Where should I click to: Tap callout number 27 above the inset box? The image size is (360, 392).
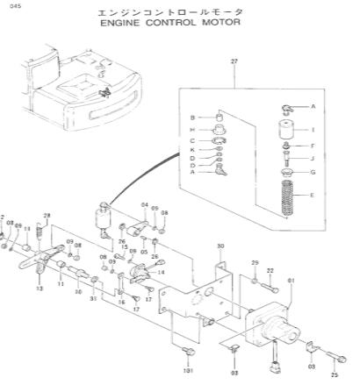[x=234, y=61]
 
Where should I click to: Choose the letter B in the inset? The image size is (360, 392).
[x=192, y=116]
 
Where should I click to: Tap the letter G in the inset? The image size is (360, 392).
[x=313, y=172]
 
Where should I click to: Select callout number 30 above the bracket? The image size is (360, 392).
[x=220, y=246]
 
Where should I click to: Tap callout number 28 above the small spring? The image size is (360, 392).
[x=47, y=216]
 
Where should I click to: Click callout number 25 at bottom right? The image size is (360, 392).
[x=335, y=374]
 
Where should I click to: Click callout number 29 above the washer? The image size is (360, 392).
[x=255, y=263]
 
